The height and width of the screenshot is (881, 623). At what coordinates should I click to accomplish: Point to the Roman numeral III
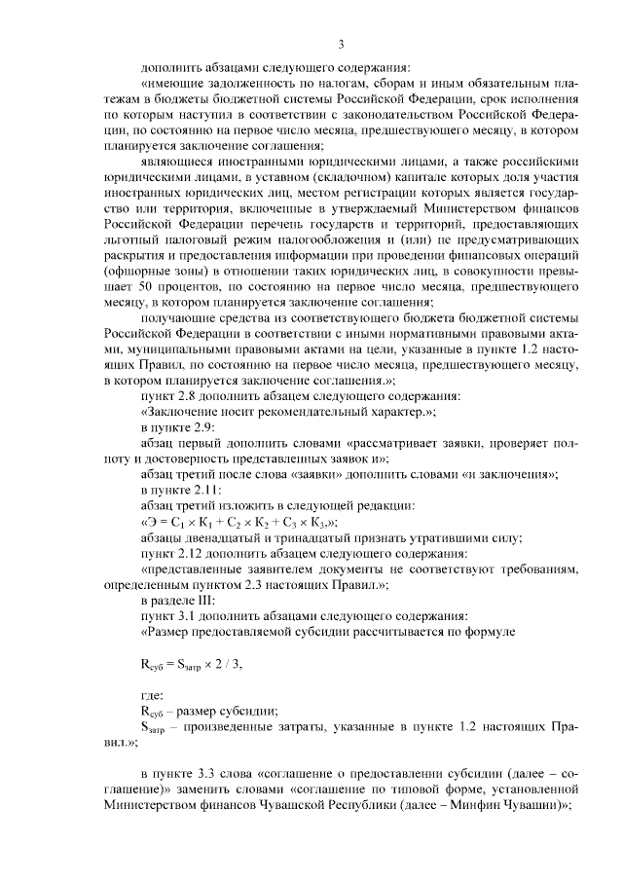pyautogui.click(x=201, y=599)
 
